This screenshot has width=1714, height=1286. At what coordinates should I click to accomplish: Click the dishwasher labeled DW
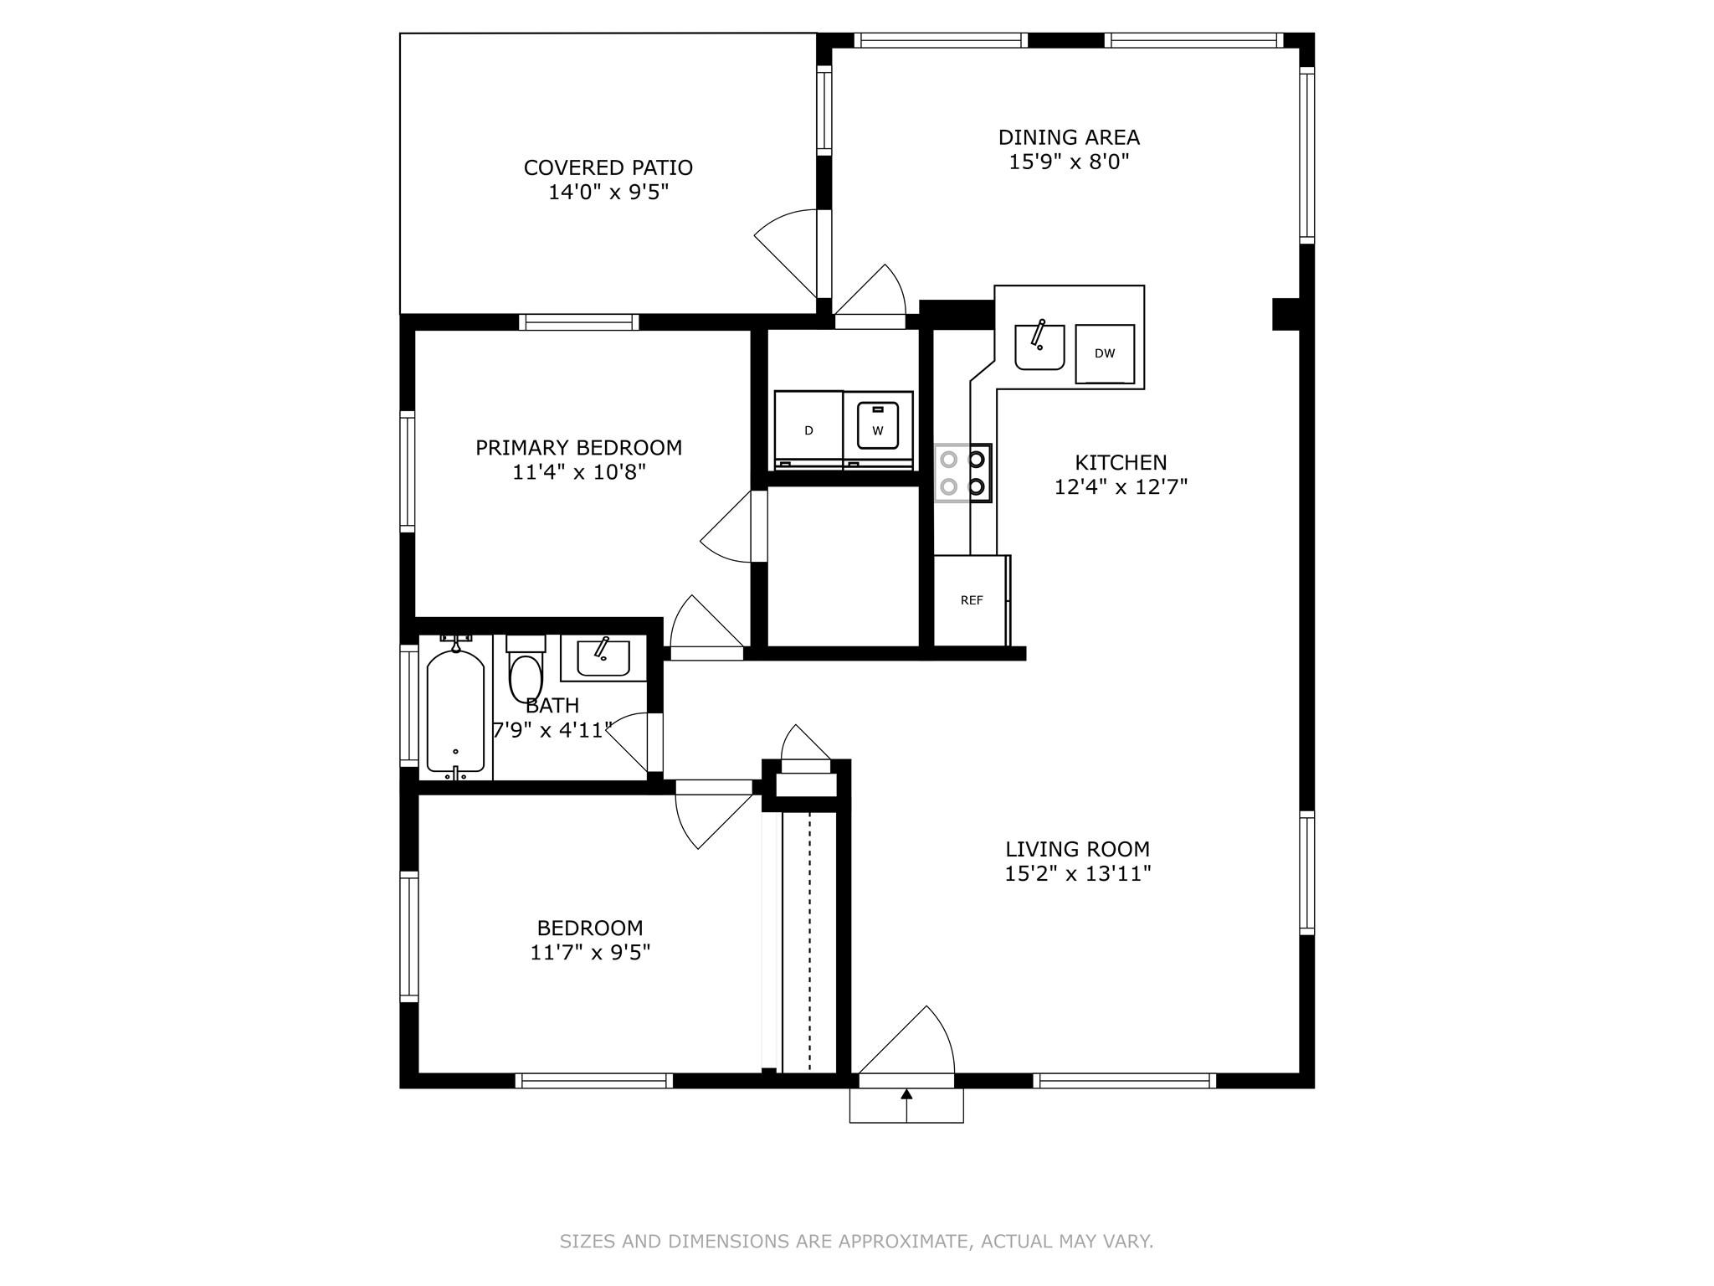coord(1105,353)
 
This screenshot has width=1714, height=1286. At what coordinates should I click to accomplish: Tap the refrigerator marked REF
coord(972,600)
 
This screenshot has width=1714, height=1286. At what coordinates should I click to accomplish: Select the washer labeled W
coord(877,430)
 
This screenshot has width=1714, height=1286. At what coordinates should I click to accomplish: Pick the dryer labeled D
coord(808,430)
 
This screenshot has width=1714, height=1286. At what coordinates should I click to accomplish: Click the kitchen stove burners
coord(962,473)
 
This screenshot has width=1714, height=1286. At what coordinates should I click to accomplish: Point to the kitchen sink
coord(1039,347)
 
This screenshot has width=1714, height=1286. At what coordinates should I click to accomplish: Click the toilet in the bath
coord(526,669)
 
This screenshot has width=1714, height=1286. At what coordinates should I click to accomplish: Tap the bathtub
coord(455,707)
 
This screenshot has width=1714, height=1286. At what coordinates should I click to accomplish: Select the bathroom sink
coord(603,657)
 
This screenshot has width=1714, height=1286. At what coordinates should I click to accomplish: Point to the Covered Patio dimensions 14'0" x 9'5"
coord(608,193)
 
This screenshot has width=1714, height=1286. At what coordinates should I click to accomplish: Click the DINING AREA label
coord(1069,137)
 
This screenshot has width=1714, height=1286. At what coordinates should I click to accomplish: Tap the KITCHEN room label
coord(1121,462)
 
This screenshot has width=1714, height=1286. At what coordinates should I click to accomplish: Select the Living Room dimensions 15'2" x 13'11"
coord(1078,874)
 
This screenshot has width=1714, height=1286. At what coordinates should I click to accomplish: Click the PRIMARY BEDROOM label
coord(578,448)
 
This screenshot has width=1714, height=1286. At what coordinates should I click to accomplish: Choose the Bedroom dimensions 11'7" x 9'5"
coord(590,953)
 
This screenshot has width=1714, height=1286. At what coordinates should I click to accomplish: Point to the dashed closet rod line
coord(809,942)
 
